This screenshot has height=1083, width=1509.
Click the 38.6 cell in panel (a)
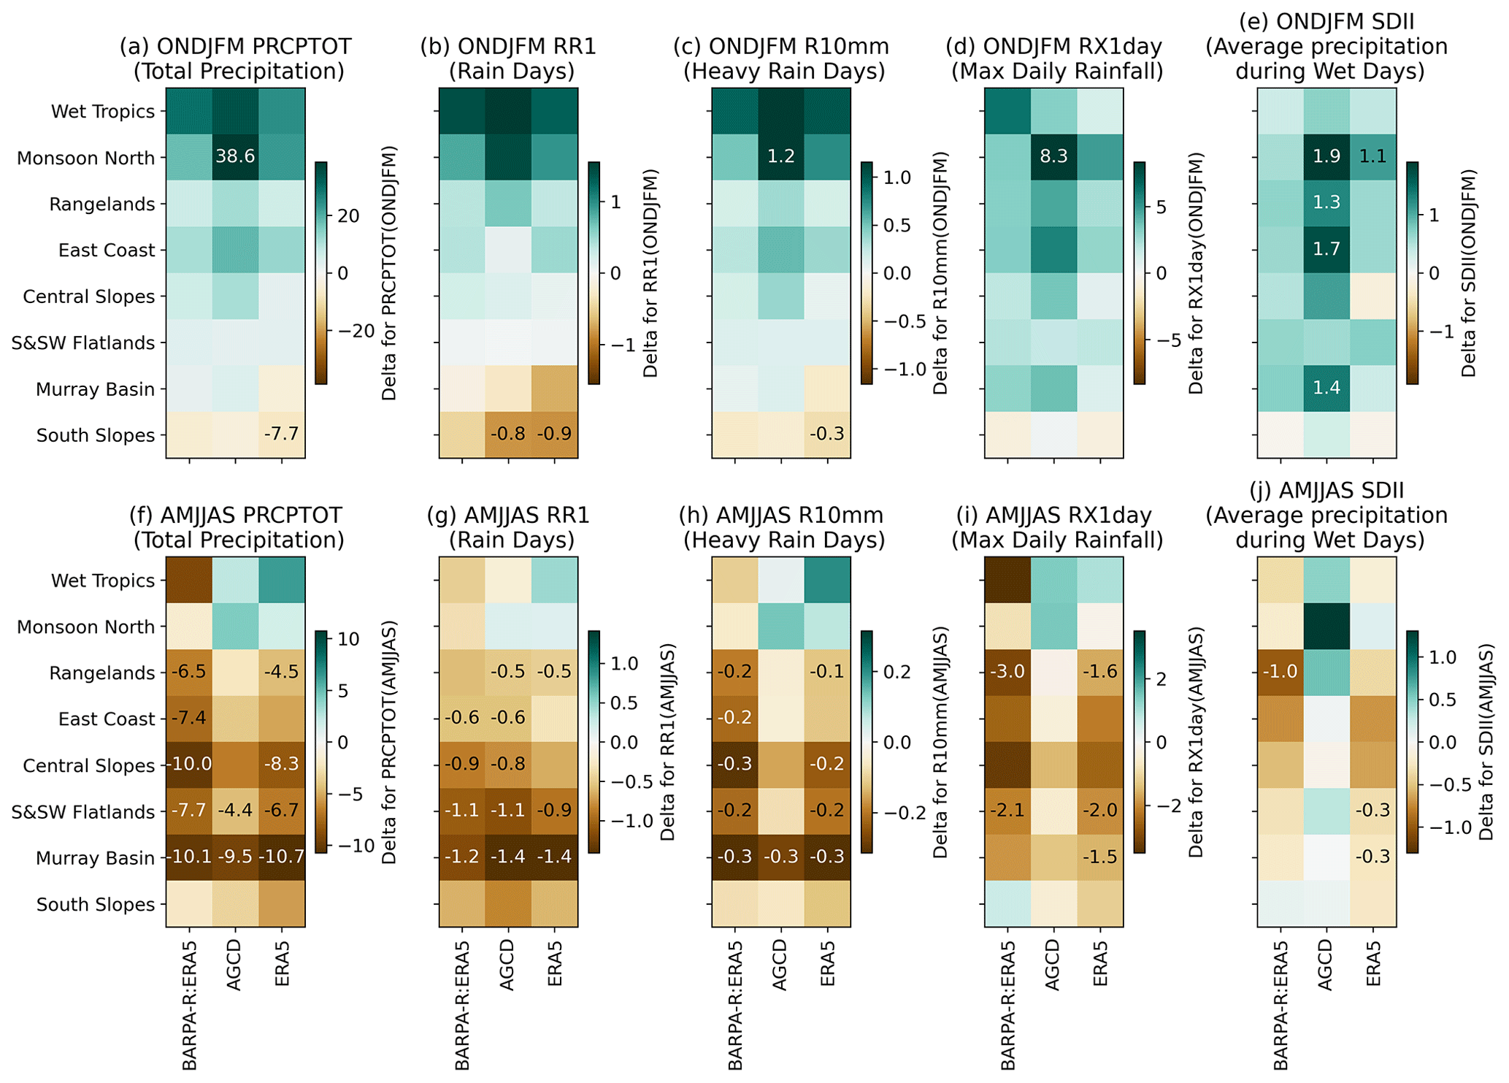coord(235,157)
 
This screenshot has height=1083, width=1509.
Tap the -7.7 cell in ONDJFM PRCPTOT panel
coord(282,435)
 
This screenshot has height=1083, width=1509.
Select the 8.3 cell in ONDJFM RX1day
coord(1053,157)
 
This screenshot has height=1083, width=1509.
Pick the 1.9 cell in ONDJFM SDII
coord(1326,157)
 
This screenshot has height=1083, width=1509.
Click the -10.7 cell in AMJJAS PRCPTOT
coord(282,857)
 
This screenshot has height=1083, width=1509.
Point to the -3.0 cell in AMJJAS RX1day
coord(1007,672)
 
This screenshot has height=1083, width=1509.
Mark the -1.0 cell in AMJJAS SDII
coord(1280,672)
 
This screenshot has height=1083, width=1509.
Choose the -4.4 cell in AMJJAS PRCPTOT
coord(235,811)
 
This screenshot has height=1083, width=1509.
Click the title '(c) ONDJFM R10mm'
coord(781,47)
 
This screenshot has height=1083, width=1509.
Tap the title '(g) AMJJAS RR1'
coord(508,516)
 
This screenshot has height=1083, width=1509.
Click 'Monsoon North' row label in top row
coord(86,158)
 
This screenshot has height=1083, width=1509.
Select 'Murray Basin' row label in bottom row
coord(96,859)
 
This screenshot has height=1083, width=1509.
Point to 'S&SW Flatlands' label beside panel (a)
coord(83,343)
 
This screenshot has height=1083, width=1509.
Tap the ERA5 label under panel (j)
coord(1373,965)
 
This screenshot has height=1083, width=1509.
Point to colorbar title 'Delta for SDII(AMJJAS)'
coord(1486,742)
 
